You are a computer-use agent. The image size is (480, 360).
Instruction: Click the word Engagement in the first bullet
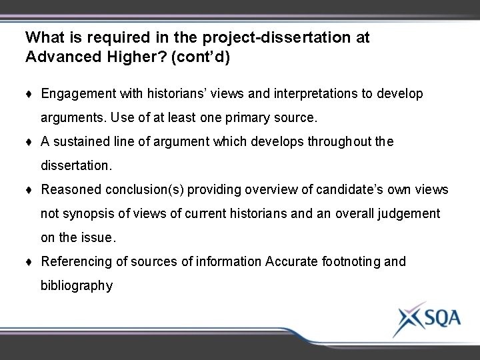click(x=74, y=94)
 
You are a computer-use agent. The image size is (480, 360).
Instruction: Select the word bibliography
click(x=77, y=286)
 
